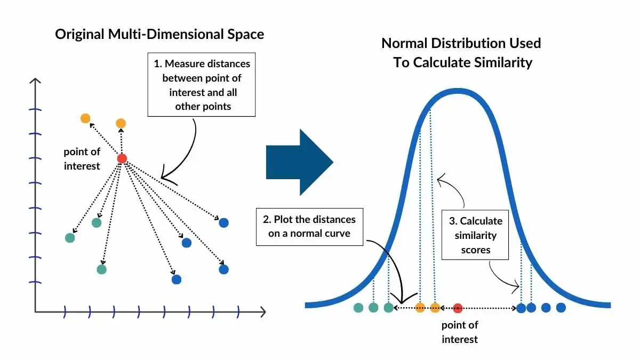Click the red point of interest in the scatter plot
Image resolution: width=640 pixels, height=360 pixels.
122,158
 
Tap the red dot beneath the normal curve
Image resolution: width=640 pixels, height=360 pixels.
458,308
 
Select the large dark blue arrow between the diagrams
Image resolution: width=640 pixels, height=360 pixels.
299,162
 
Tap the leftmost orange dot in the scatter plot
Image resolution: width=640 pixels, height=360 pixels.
85,118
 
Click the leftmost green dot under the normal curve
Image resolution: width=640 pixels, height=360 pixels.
358,308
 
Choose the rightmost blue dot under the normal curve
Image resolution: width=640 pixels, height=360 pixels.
561,308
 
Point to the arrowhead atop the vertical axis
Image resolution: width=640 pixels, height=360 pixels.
35,81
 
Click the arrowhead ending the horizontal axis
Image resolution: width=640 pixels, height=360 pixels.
263,311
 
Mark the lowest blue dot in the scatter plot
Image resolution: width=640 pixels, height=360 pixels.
177,279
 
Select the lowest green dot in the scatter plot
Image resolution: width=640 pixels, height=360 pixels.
102,269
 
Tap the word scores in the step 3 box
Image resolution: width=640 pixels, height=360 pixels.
476,250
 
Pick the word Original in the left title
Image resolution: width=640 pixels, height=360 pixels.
79,34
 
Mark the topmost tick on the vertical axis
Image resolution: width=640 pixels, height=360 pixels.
35,109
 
